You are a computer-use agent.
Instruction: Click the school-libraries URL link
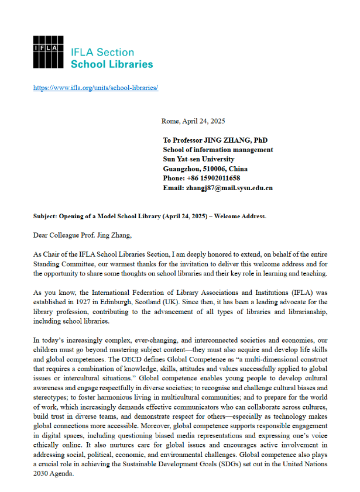96,88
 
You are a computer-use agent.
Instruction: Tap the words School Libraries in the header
111,64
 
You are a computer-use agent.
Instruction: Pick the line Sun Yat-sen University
199,159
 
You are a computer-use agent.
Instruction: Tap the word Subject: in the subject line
46,216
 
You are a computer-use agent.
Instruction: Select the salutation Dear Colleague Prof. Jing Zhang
84,235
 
